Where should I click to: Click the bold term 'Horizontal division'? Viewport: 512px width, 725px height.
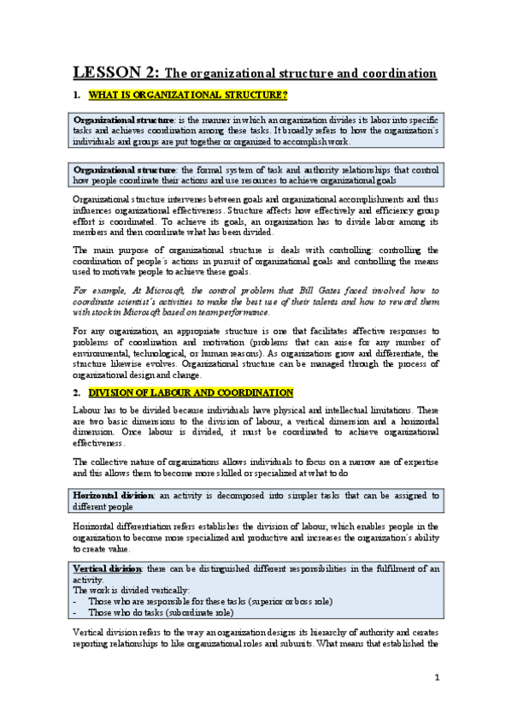[x=111, y=495]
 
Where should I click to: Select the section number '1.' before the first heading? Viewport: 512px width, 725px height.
[x=77, y=93]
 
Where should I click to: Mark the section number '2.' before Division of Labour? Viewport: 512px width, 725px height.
[x=77, y=392]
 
